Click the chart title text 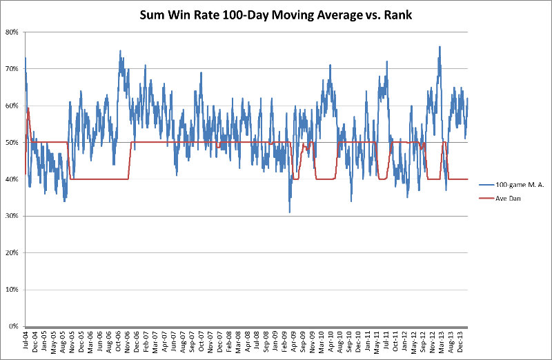pos(276,12)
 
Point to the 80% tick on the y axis pos(13,32)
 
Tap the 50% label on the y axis pos(13,142)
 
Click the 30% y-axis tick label pos(13,216)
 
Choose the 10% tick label pos(13,289)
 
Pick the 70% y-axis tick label pos(13,69)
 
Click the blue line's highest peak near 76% pos(440,47)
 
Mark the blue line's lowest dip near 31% pos(290,212)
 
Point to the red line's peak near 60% pos(28,108)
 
